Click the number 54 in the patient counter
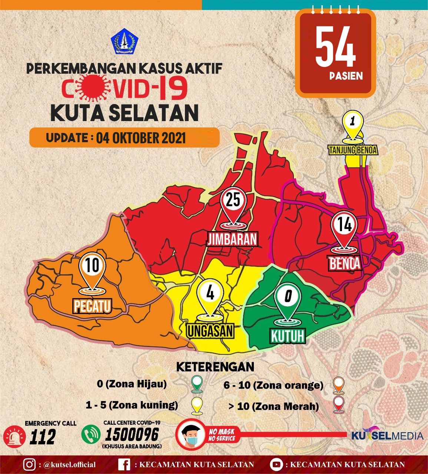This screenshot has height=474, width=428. pyautogui.click(x=335, y=49)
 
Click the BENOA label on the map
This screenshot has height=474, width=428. pyautogui.click(x=344, y=264)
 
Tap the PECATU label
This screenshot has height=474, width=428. pyautogui.click(x=93, y=306)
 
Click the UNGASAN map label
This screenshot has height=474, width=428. pyautogui.click(x=210, y=331)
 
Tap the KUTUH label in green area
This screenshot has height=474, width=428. pyautogui.click(x=288, y=336)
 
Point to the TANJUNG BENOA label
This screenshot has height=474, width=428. pyautogui.click(x=352, y=150)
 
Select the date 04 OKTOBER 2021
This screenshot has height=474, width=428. pyautogui.click(x=141, y=138)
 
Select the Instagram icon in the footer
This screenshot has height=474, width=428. pyautogui.click(x=29, y=464)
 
